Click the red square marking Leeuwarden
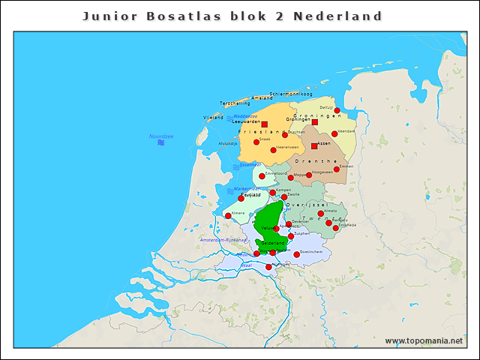pyautogui.click(x=265, y=124)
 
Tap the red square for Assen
pyautogui.click(x=314, y=146)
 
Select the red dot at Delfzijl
pyautogui.click(x=337, y=110)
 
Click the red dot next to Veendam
pyautogui.click(x=334, y=133)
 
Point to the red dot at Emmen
pyautogui.click(x=337, y=169)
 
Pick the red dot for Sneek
pyautogui.click(x=256, y=141)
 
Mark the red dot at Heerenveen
pyautogui.click(x=273, y=150)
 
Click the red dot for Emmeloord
pyautogui.click(x=262, y=176)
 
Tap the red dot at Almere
pyautogui.click(x=228, y=216)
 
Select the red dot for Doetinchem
pyautogui.click(x=297, y=254)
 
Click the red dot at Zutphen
pyautogui.click(x=291, y=236)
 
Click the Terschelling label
pyautogui.click(x=234, y=103)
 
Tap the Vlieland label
pyautogui.click(x=213, y=118)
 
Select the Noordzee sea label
pyautogui.click(x=160, y=136)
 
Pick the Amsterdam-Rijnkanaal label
pyautogui.click(x=223, y=240)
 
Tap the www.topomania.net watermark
pyautogui.click(x=424, y=341)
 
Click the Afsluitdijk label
pyautogui.click(x=228, y=143)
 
